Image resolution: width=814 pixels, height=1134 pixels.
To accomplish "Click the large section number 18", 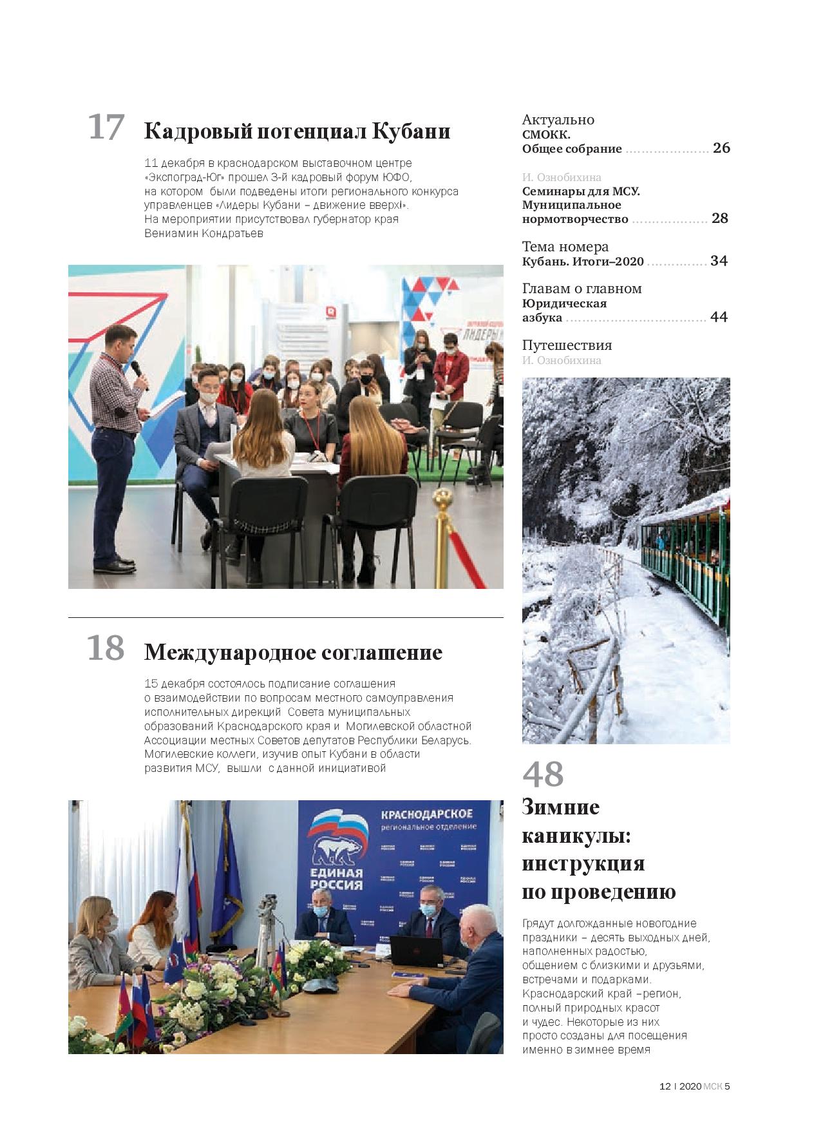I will click(x=106, y=648).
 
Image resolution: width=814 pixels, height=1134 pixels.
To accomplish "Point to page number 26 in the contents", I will click(x=721, y=148).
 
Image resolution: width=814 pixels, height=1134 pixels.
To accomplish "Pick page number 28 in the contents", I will click(x=720, y=218).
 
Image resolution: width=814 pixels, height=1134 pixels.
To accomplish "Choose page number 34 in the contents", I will click(x=719, y=261).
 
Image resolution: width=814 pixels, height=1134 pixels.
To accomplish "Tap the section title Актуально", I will click(x=558, y=120).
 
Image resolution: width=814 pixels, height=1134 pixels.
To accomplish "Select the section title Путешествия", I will click(x=567, y=345).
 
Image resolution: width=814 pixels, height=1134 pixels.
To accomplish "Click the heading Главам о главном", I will click(x=582, y=289).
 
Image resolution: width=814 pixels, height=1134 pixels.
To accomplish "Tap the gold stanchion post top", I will click(x=442, y=497).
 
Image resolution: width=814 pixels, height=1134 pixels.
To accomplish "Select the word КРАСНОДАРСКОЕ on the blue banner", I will click(x=426, y=813).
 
